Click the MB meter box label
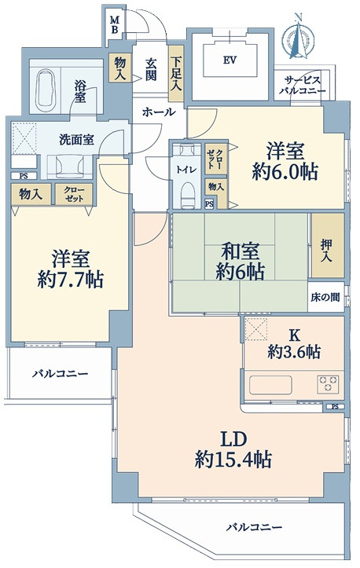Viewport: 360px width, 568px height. [115, 24]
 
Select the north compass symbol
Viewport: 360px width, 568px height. [299, 36]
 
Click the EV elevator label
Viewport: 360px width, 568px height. [230, 60]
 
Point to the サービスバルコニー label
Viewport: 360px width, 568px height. [302, 85]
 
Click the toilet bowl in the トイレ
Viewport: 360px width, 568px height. [187, 194]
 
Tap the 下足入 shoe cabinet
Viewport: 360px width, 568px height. [177, 74]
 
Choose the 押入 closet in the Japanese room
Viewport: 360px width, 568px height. [328, 246]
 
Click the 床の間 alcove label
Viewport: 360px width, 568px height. [325, 298]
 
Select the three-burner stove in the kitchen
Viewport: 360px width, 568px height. [328, 384]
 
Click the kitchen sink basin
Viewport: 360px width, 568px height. [270, 384]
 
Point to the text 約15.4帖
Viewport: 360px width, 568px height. [233, 460]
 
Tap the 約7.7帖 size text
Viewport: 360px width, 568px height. [70, 279]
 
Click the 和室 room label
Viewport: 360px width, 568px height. [241, 252]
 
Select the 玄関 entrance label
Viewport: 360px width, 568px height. [151, 69]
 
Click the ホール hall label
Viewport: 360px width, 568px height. [159, 112]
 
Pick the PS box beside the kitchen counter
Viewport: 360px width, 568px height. [335, 406]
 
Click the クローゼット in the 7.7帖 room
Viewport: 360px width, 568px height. [74, 195]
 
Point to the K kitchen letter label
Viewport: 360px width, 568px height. [294, 335]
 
